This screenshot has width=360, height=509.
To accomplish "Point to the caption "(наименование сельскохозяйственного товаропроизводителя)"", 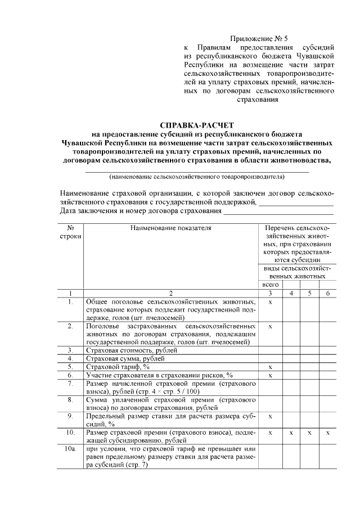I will (x=197, y=176).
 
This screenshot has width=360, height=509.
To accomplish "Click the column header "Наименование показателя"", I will (x=170, y=228).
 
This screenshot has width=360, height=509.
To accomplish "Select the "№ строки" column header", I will (x=71, y=233).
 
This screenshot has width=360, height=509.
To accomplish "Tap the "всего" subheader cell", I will (x=271, y=286).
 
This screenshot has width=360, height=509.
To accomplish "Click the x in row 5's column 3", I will (x=271, y=367).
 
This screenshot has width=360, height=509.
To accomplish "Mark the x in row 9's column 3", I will (x=271, y=417).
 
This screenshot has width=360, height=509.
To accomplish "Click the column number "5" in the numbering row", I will (x=309, y=294).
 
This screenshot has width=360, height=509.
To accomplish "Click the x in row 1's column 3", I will (x=271, y=302).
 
